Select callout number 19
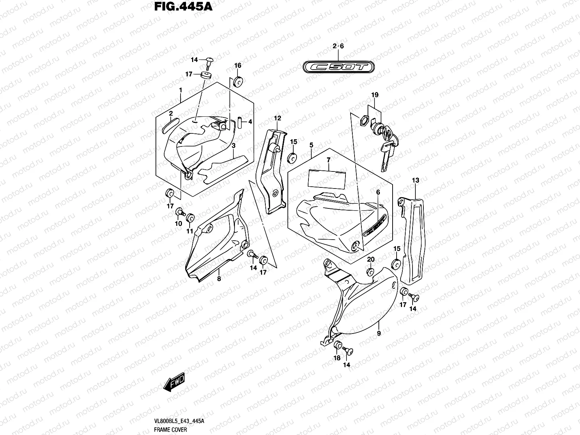tap(374, 95)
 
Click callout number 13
tap(415, 180)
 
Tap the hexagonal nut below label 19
tap(365, 120)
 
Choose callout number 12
tap(277, 118)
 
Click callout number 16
tap(238, 66)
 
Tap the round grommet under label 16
tap(238, 82)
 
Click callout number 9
tap(378, 333)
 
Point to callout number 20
tap(370, 259)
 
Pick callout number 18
tap(337, 358)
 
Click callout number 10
tap(178, 224)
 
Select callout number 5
tap(311, 145)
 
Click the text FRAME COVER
tap(170, 430)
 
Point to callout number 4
tap(250, 122)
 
